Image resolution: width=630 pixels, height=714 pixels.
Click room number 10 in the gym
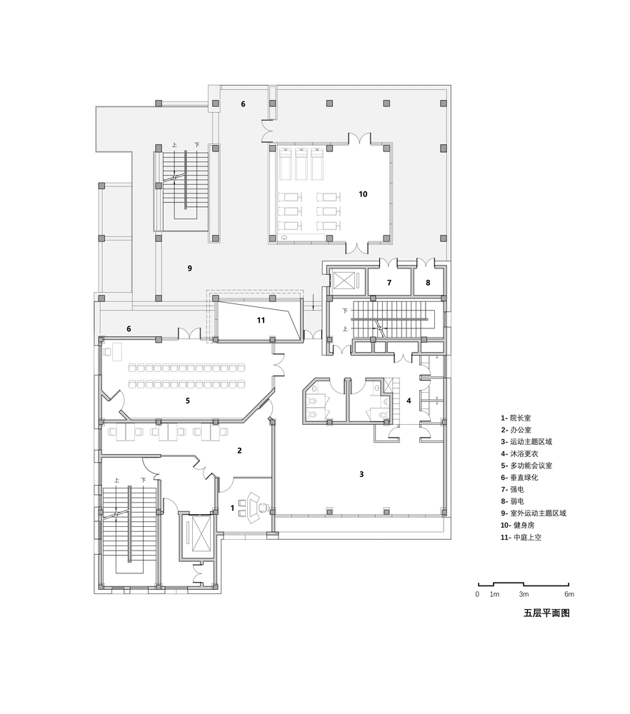(x=363, y=194)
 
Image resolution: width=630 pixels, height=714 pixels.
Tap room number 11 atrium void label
(x=261, y=320)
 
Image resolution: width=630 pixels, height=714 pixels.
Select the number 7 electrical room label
(x=389, y=283)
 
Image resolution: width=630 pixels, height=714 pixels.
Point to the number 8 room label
(x=428, y=283)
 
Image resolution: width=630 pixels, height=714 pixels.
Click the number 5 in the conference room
(x=188, y=401)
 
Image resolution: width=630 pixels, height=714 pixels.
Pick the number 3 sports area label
(x=361, y=474)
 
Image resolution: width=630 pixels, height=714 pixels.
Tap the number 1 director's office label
(x=232, y=508)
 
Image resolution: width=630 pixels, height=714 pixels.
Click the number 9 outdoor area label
(x=190, y=268)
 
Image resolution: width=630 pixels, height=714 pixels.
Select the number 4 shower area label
(x=409, y=401)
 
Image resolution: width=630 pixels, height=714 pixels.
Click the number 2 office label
(x=239, y=451)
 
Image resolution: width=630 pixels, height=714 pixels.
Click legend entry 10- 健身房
(x=517, y=525)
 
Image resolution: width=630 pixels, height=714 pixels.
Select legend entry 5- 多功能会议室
(x=526, y=466)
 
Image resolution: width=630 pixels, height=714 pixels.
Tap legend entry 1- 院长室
(x=516, y=418)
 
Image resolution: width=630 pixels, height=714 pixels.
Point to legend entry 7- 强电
(x=512, y=490)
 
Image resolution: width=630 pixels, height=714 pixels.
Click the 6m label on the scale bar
(x=569, y=594)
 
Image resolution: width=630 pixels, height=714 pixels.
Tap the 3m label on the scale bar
(x=524, y=594)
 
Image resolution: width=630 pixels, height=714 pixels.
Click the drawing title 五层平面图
(x=546, y=613)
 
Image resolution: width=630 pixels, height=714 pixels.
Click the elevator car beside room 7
(x=343, y=280)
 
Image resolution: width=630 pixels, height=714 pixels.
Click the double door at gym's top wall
(x=360, y=138)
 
